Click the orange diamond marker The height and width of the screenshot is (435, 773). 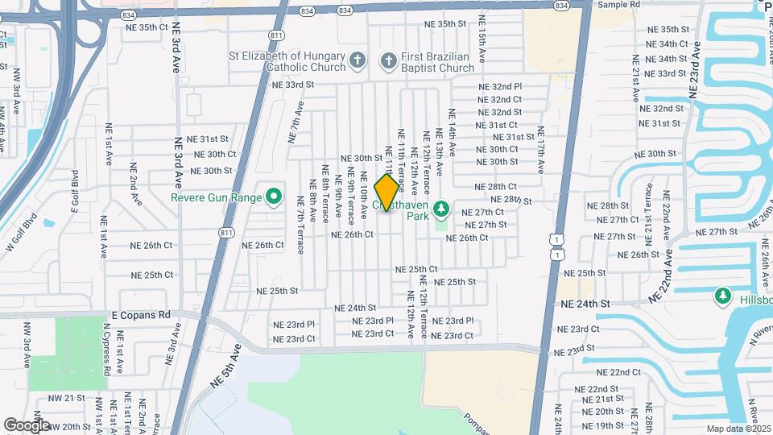pyautogui.click(x=387, y=193)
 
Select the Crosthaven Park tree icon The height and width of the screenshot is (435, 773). pyautogui.click(x=440, y=210)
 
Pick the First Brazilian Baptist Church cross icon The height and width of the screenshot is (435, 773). pyautogui.click(x=389, y=60)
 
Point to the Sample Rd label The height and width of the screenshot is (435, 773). pyautogui.click(x=618, y=5)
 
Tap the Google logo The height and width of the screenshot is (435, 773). pyautogui.click(x=27, y=425)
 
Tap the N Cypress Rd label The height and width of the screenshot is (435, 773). pyautogui.click(x=106, y=348)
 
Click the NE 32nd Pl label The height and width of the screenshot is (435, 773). pyautogui.click(x=500, y=86)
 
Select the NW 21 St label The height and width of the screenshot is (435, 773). pyautogui.click(x=66, y=398)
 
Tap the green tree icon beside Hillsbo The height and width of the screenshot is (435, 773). pyautogui.click(x=723, y=297)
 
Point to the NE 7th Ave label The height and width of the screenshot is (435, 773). pyautogui.click(x=296, y=122)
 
